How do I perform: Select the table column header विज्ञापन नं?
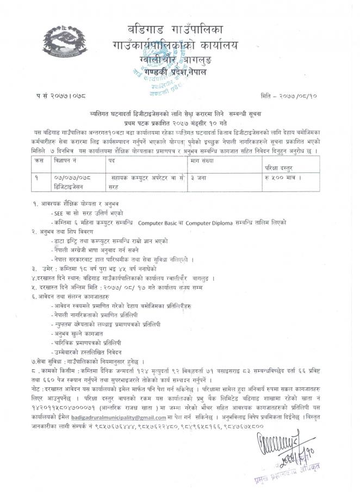[65, 162]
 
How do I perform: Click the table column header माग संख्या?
[204, 162]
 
